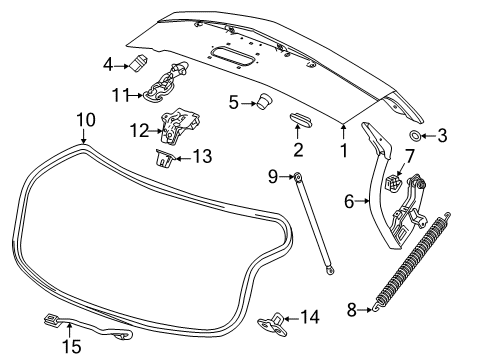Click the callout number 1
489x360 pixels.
tap(343, 153)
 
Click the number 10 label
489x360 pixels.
tap(85, 120)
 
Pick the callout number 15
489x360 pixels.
tap(71, 345)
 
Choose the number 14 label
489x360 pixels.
tap(310, 318)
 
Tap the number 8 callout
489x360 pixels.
tap(352, 311)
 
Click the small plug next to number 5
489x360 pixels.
tap(265, 100)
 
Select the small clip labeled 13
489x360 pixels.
tap(164, 158)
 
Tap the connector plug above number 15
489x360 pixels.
tap(50, 321)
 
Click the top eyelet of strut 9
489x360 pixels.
tap(297, 177)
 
